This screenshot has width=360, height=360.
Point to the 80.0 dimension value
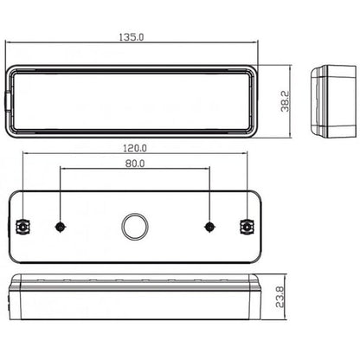point(133,162)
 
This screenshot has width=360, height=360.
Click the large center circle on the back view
point(134,227)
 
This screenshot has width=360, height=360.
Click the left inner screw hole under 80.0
point(60,227)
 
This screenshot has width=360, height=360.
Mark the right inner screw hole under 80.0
point(209,227)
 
